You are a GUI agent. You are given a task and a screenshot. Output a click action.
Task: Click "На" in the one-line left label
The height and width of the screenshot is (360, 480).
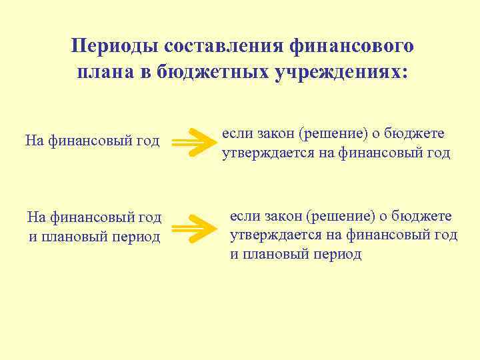point(33,141)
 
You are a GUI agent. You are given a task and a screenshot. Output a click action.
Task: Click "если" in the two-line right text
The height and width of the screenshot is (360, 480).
point(234,133)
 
